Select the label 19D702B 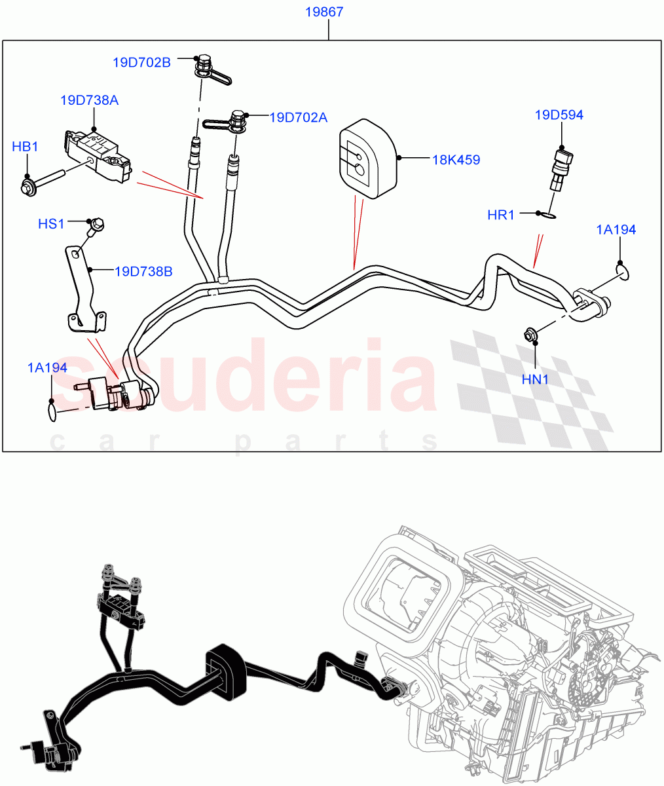pyautogui.click(x=141, y=62)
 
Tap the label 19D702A pyautogui.click(x=299, y=117)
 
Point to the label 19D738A pyautogui.click(x=89, y=100)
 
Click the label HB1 pyautogui.click(x=25, y=147)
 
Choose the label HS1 pyautogui.click(x=51, y=224)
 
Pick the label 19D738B pyautogui.click(x=143, y=271)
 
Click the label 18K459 pyautogui.click(x=456, y=159)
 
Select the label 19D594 pyautogui.click(x=559, y=115)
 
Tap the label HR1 pyautogui.click(x=501, y=215)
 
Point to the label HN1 pyautogui.click(x=535, y=379)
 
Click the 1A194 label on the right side pyautogui.click(x=616, y=229)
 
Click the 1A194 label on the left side pyautogui.click(x=47, y=367)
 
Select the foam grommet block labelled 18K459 pyautogui.click(x=367, y=158)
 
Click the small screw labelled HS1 pyautogui.click(x=96, y=226)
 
